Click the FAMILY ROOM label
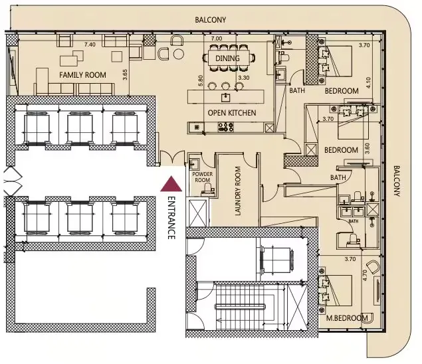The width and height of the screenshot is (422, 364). tap(82, 75)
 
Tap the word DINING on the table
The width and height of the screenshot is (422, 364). tap(228, 58)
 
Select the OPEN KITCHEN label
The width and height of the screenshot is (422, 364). tap(232, 113)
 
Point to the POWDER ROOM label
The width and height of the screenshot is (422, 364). tap(203, 176)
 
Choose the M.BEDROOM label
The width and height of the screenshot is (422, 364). tap(348, 319)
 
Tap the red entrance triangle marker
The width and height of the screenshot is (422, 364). tap(171, 183)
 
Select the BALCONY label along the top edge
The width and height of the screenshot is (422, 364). tap(210, 20)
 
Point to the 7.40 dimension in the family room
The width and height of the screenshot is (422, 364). tap(90, 45)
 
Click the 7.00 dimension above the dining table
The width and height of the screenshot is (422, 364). tap(216, 39)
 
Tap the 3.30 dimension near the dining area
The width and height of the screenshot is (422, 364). tap(244, 78)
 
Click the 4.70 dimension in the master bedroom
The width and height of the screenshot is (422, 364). tap(364, 275)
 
